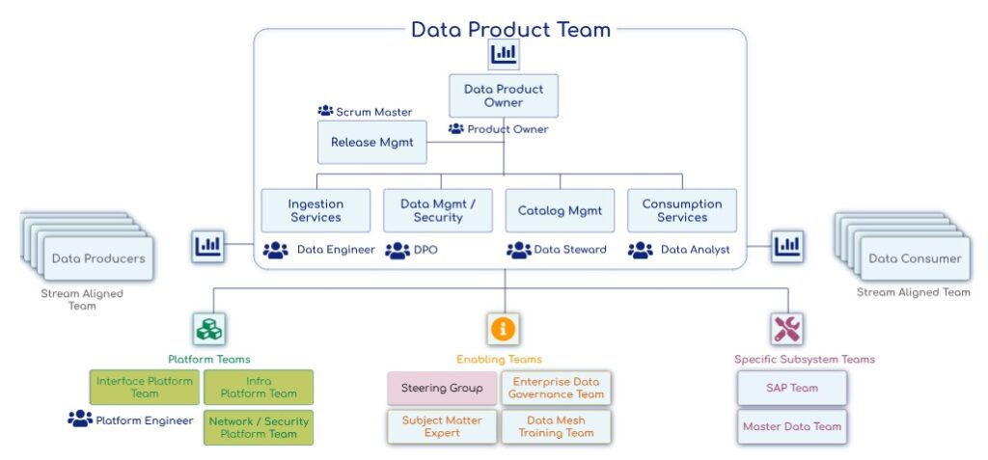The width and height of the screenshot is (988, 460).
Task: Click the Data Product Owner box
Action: tap(504, 95)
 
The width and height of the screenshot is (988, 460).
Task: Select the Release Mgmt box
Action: tap(371, 142)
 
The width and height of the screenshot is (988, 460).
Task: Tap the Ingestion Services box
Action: tap(316, 210)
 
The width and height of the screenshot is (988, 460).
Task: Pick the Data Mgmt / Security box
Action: tap(438, 210)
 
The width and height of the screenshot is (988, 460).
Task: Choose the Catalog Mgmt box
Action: tap(560, 210)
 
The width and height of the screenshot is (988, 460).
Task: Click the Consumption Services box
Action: tap(682, 210)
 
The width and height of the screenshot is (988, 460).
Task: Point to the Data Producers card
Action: tap(98, 258)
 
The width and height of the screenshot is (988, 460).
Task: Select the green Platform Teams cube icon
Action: tap(208, 329)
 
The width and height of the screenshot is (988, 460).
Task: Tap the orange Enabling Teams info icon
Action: tap(503, 329)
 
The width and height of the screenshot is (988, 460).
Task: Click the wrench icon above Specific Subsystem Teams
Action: tap(787, 329)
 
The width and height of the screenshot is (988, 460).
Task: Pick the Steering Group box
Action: tap(442, 388)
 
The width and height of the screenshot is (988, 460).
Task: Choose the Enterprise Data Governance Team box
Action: tap(556, 388)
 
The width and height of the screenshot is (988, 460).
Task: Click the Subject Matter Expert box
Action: tap(442, 426)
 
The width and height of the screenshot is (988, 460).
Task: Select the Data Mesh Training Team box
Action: tap(556, 426)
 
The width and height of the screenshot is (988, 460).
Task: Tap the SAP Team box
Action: tap(791, 388)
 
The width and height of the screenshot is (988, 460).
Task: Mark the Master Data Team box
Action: tap(791, 426)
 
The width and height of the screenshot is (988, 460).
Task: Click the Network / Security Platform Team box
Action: tap(259, 426)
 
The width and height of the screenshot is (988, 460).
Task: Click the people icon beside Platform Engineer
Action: tap(79, 419)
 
